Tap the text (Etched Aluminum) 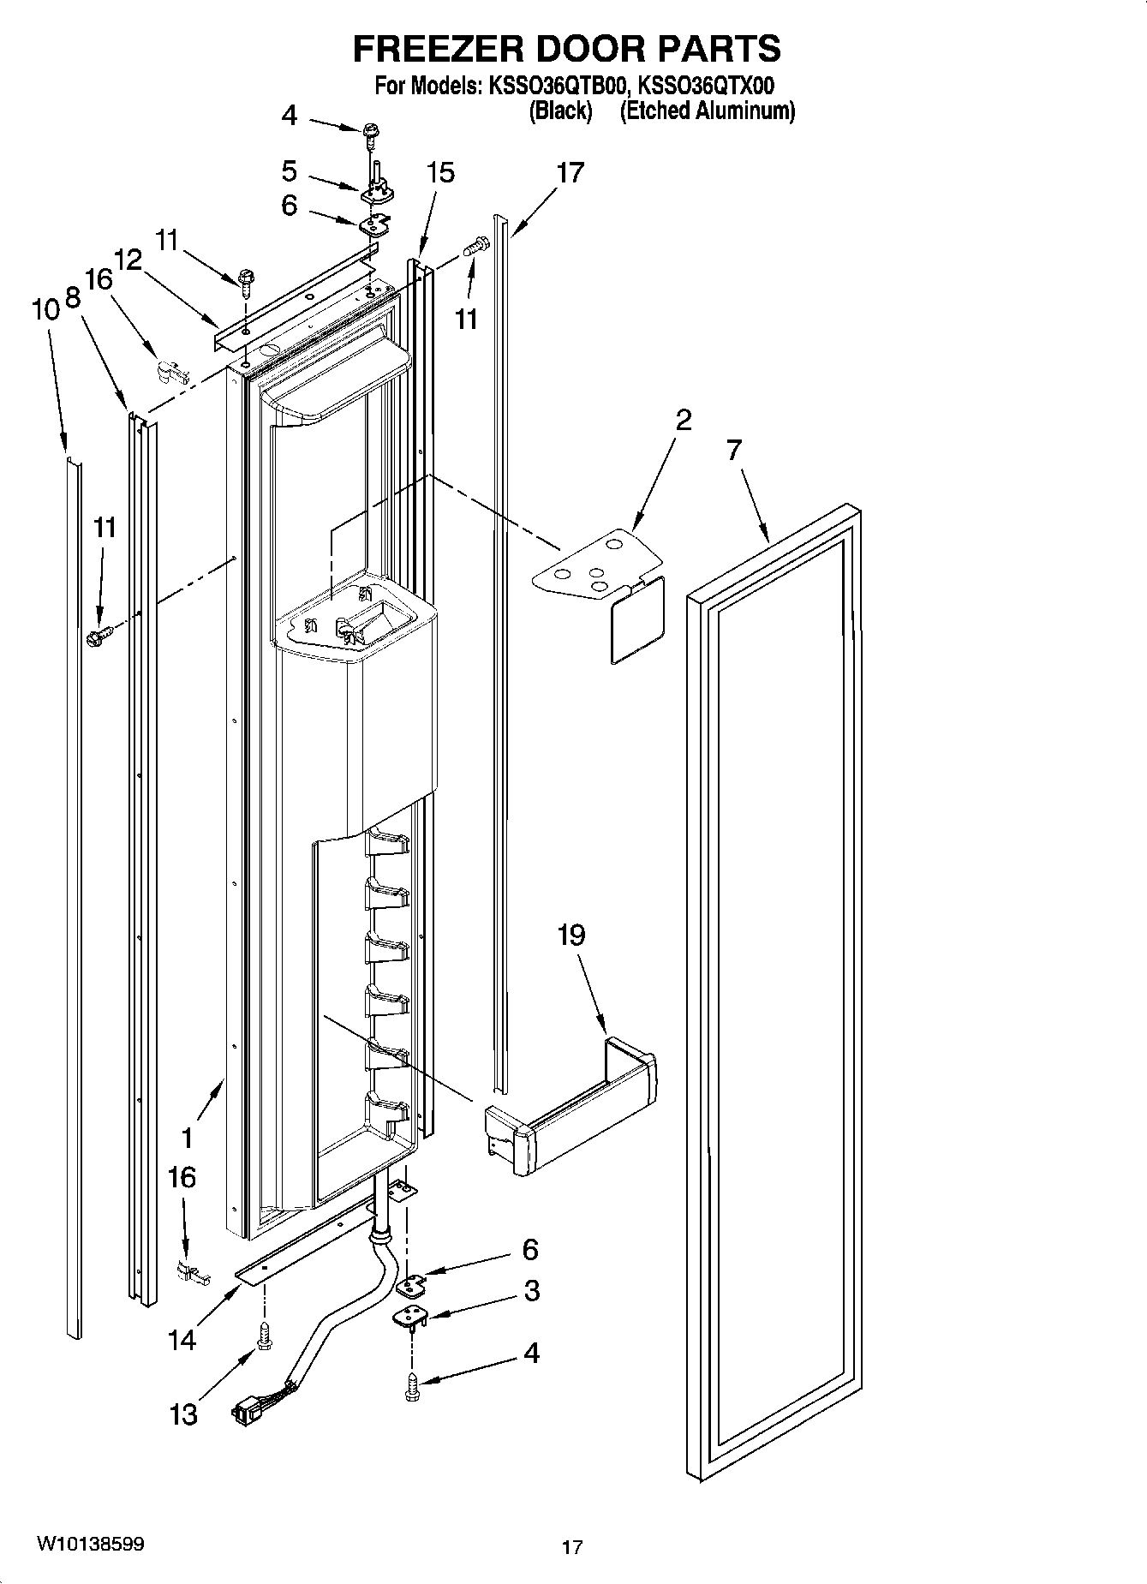pos(708,111)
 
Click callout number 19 pos(571,935)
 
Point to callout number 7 pos(734,450)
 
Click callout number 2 pos(684,420)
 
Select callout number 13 pos(183,1414)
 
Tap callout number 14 pos(182,1339)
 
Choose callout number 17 pos(570,172)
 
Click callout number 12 pos(128,260)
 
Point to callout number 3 pos(532,1290)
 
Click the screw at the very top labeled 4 pos(373,130)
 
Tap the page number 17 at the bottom pos(572,1547)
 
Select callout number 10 pos(45,309)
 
